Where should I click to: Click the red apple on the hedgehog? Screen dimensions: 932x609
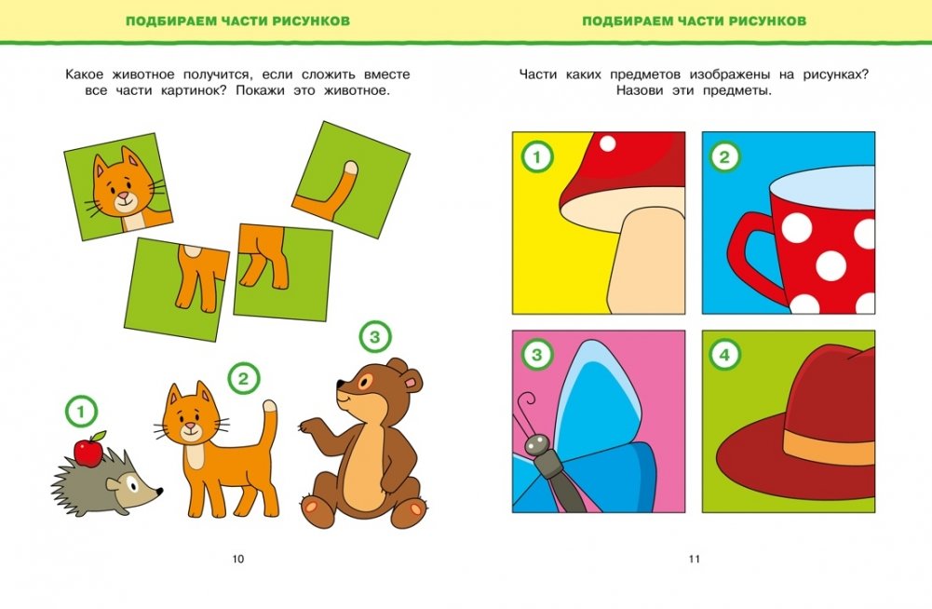pyautogui.click(x=88, y=452)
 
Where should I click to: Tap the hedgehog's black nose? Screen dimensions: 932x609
pyautogui.click(x=159, y=492)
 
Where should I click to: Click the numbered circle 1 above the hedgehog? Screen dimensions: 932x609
pyautogui.click(x=81, y=412)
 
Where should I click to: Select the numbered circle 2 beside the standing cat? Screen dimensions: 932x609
pyautogui.click(x=243, y=378)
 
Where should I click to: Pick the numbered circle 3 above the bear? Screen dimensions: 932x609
pyautogui.click(x=375, y=337)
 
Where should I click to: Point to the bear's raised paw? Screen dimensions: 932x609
pyautogui.click(x=308, y=426)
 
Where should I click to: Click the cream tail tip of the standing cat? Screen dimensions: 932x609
pyautogui.click(x=270, y=407)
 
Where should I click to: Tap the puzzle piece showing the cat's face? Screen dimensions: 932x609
pyautogui.click(x=118, y=186)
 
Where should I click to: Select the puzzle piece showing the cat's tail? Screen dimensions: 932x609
pyautogui.click(x=351, y=180)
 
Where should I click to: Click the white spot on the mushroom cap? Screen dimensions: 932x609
pyautogui.click(x=607, y=143)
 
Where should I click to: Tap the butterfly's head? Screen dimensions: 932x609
pyautogui.click(x=536, y=443)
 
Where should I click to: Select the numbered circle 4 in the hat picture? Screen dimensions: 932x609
pyautogui.click(x=724, y=356)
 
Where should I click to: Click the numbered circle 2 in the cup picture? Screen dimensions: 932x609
pyautogui.click(x=724, y=157)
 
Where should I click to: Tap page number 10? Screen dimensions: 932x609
pyautogui.click(x=237, y=559)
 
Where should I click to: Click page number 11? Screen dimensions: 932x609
pyautogui.click(x=695, y=559)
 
